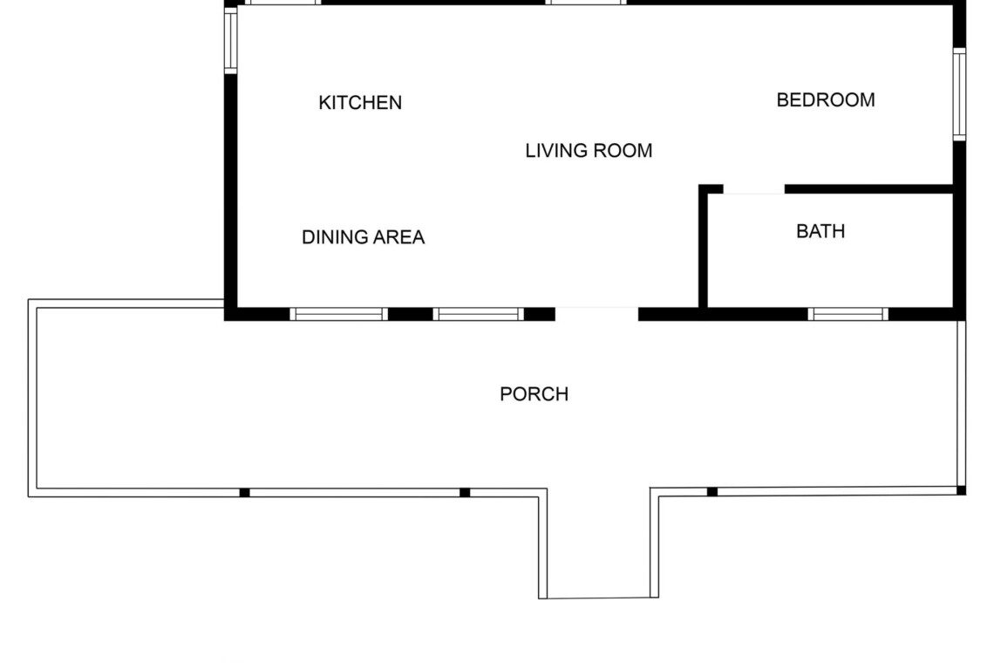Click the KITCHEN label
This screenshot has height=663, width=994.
360,103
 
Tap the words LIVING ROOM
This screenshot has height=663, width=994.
589,151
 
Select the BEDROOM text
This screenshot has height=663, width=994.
826,100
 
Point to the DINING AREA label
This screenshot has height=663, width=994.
364,237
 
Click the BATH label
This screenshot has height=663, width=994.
820,231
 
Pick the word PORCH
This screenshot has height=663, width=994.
534,394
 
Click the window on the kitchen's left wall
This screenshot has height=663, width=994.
231,40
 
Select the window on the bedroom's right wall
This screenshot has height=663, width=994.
960,94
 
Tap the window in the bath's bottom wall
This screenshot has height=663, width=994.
848,314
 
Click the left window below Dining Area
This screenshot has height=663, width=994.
339,314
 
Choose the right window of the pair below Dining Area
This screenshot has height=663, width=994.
479,314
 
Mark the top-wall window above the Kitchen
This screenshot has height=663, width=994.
283,2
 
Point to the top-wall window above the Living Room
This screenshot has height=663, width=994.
587,2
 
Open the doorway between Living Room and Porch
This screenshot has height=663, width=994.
596,314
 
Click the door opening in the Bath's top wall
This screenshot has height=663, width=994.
753,189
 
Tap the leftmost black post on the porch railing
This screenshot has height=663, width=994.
245,493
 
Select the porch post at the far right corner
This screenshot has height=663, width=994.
961,490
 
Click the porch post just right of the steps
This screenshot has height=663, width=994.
711,492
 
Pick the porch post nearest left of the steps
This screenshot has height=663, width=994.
465,493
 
